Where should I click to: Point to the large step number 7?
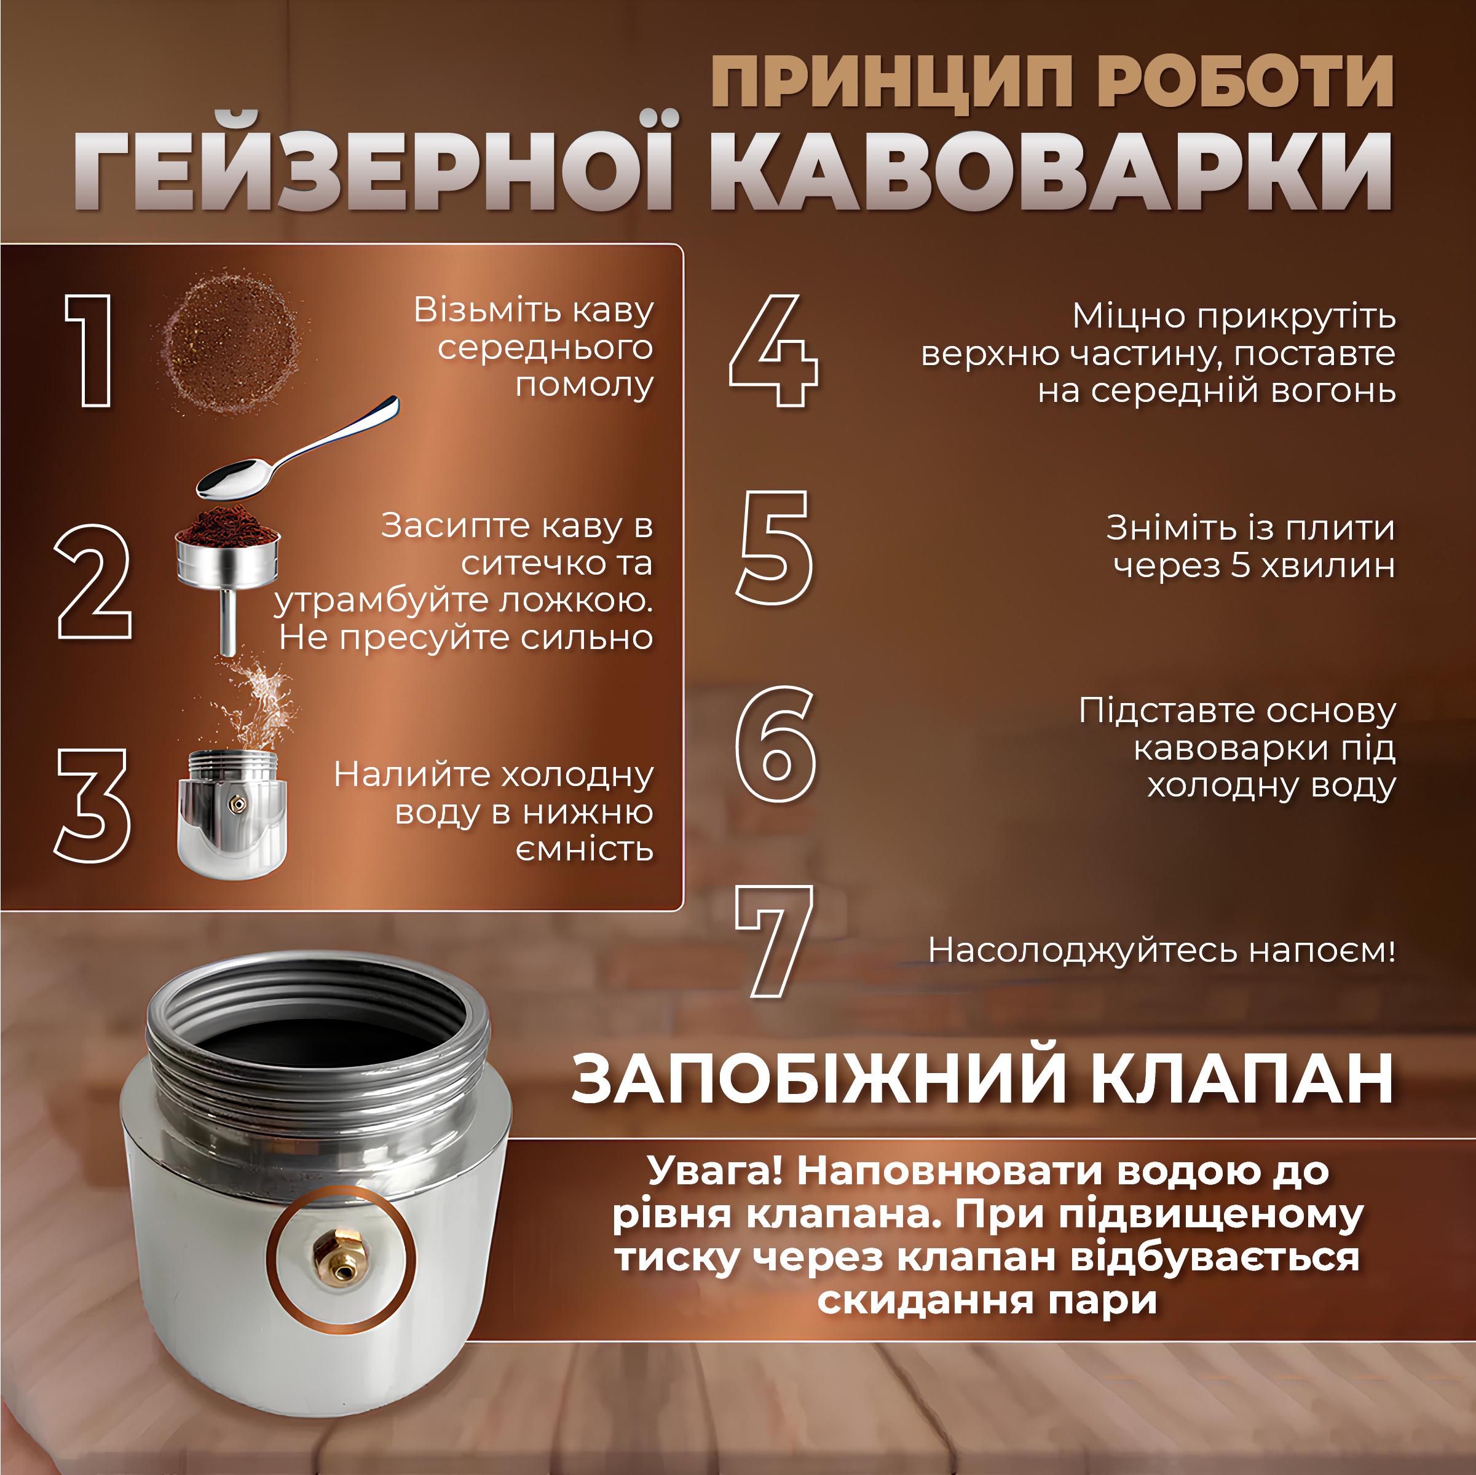click(773, 941)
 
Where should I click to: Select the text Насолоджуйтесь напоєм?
click(1161, 951)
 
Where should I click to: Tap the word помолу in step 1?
click(585, 385)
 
